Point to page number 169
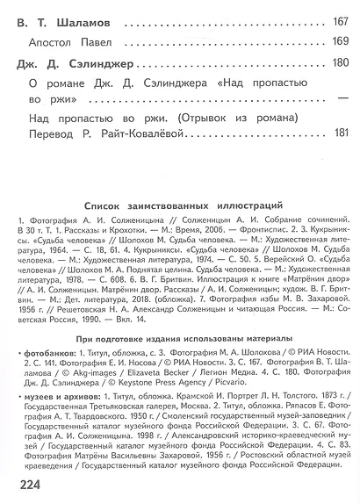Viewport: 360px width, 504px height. (x=339, y=41)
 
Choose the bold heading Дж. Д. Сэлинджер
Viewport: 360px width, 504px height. (x=68, y=62)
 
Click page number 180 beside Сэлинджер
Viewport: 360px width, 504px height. (x=339, y=62)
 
